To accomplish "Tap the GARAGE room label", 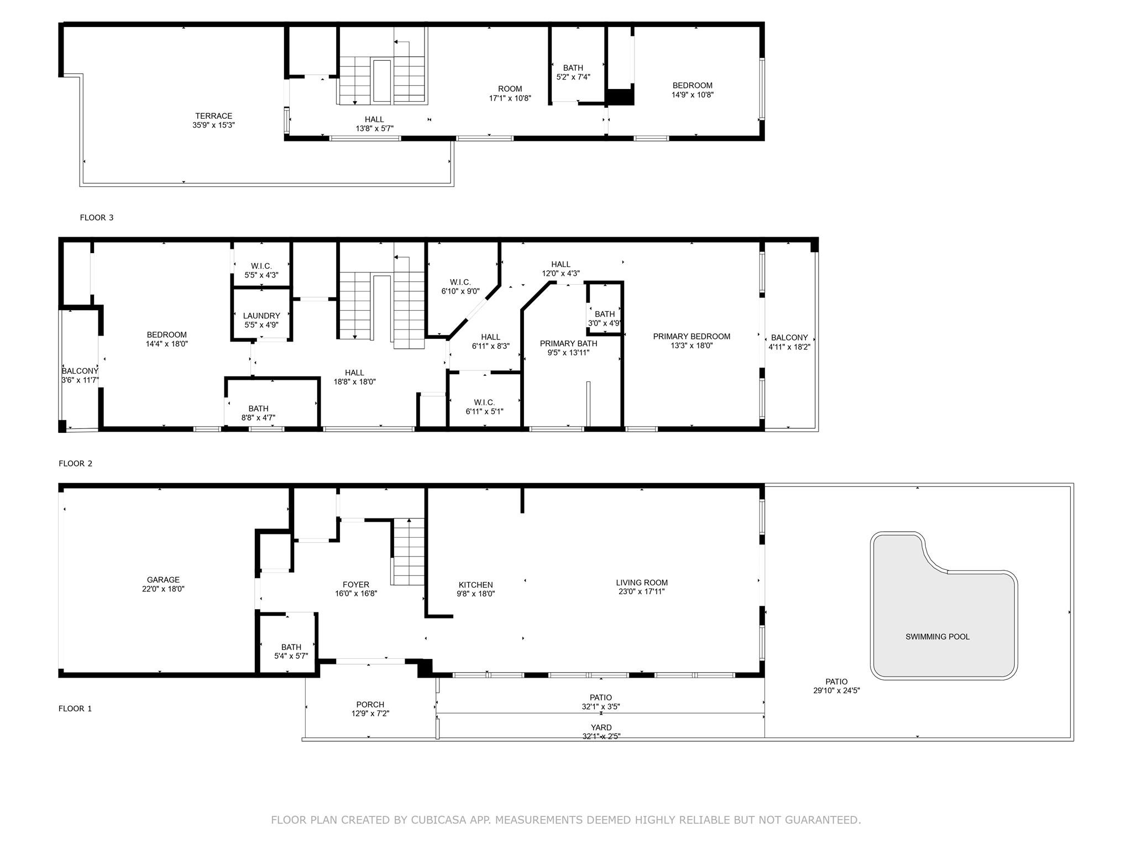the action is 163,580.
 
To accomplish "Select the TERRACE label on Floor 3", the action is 213,116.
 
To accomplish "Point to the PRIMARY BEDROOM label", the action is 691,337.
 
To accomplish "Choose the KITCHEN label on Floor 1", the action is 476,585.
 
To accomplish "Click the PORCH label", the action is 370,705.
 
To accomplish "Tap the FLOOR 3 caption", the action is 97,218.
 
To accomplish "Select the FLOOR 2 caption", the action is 76,464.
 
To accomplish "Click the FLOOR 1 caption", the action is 75,709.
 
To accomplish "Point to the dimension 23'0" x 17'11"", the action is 642,591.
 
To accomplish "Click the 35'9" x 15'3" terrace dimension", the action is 213,125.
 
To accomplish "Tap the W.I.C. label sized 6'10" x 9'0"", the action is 460,282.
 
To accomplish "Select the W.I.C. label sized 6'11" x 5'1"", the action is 484,402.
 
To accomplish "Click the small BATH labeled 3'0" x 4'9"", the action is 605,315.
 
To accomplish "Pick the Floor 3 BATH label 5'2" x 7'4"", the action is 573,68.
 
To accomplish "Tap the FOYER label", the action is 356,585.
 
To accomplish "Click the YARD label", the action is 601,728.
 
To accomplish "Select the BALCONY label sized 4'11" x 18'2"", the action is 789,338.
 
